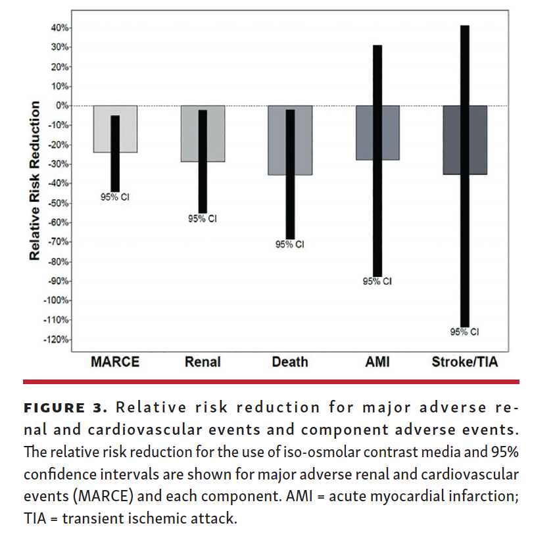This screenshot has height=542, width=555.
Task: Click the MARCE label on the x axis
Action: (115, 362)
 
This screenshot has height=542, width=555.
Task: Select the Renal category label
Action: (203, 362)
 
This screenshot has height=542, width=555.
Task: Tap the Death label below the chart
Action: (290, 362)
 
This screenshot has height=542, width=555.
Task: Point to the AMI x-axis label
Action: (377, 362)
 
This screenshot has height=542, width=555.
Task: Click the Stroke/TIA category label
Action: (464, 362)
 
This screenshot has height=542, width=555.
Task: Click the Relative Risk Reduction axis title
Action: (35, 180)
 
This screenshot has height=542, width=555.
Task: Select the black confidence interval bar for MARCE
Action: (115, 153)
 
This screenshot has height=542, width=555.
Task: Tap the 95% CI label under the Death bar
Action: (290, 245)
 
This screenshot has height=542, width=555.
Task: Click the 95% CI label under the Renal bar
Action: (203, 218)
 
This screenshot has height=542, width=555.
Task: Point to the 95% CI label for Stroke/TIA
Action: (465, 332)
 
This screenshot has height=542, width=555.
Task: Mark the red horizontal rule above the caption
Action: (271, 382)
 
